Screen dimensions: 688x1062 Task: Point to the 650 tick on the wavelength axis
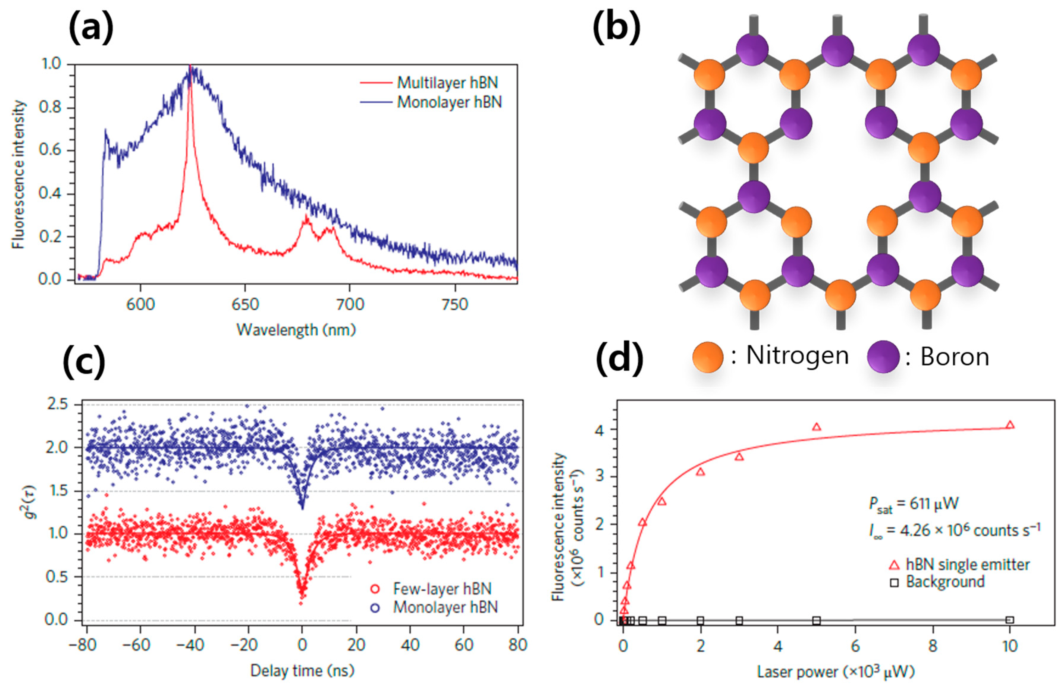[245, 304]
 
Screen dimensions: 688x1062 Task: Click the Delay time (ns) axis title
[302, 670]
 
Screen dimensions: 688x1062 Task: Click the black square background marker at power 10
[1010, 620]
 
